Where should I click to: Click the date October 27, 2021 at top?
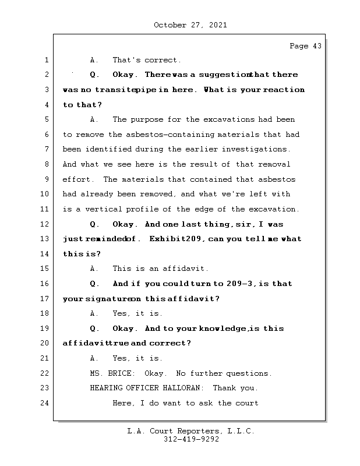(x=190, y=25)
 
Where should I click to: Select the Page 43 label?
(x=305, y=46)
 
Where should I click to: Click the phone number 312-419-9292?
(x=191, y=440)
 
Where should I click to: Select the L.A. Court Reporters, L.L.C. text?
(x=191, y=431)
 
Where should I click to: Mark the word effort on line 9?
(x=76, y=179)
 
